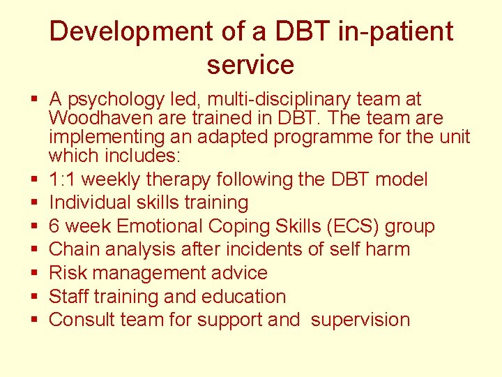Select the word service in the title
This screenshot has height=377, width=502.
pyautogui.click(x=250, y=65)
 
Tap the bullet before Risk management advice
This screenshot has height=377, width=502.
pyautogui.click(x=33, y=273)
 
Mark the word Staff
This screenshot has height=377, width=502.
pyautogui.click(x=69, y=296)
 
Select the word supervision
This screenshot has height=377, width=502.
pyautogui.click(x=360, y=320)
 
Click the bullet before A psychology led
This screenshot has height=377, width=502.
pyautogui.click(x=33, y=100)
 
